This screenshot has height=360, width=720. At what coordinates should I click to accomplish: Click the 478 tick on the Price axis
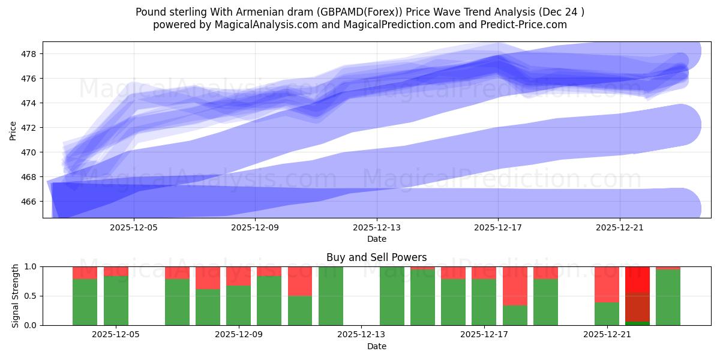[x=29, y=54]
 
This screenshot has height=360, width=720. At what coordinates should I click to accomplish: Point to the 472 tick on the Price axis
[x=29, y=128]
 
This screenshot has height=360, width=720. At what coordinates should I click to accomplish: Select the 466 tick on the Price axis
[x=29, y=202]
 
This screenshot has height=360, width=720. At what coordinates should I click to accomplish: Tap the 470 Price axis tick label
[x=29, y=152]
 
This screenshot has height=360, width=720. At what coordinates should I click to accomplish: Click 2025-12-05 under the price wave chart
[x=134, y=227]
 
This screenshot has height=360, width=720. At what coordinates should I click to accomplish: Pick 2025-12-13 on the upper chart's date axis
[x=376, y=227]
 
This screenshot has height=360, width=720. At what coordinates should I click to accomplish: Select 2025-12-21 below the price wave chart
[x=619, y=227]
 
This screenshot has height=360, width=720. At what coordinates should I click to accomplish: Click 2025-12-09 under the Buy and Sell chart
[x=239, y=335]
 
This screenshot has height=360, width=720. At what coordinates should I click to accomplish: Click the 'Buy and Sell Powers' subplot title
[x=376, y=257]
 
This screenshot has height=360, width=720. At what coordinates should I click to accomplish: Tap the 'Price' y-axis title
[x=13, y=130]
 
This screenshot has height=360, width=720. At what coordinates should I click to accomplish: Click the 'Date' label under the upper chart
[x=376, y=239]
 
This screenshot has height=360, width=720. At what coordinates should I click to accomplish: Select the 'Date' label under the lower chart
[x=376, y=346]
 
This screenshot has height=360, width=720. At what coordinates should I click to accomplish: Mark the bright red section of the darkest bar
[x=637, y=280]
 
